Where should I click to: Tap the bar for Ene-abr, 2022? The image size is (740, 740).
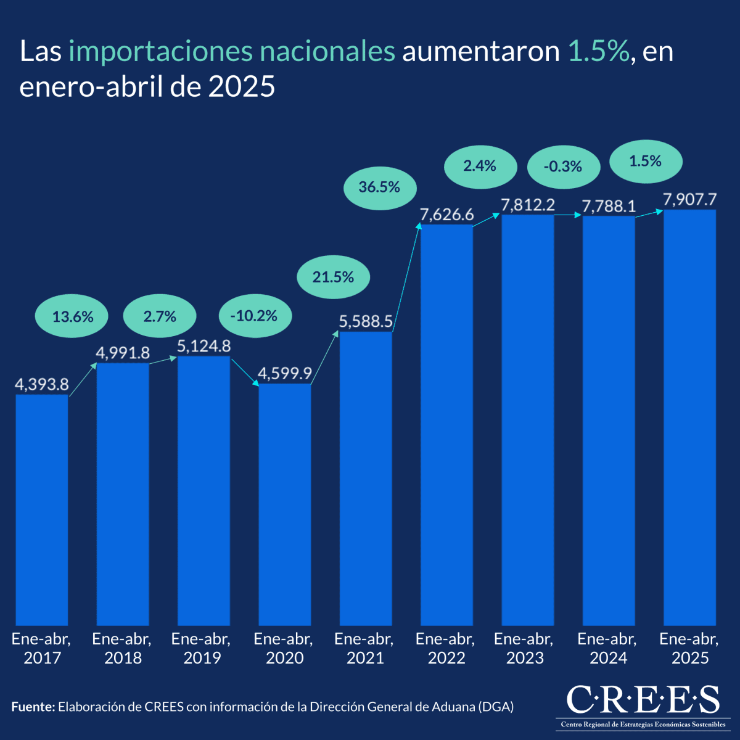[x=446, y=425]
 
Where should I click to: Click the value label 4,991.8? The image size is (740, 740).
[x=123, y=353]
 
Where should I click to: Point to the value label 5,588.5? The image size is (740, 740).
[x=366, y=321]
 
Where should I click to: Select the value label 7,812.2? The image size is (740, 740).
[x=528, y=205]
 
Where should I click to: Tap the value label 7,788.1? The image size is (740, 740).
[x=609, y=205]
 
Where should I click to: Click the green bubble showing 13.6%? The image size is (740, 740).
[x=73, y=317]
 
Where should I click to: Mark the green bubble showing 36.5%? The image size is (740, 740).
[x=379, y=187]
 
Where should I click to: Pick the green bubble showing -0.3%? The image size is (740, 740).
[x=563, y=166]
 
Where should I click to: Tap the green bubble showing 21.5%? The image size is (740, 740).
[x=333, y=277]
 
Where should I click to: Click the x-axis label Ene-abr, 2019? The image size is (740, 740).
[x=202, y=648]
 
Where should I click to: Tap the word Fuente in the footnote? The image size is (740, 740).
[x=33, y=707]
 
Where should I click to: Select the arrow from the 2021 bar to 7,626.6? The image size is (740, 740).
[x=406, y=277]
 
